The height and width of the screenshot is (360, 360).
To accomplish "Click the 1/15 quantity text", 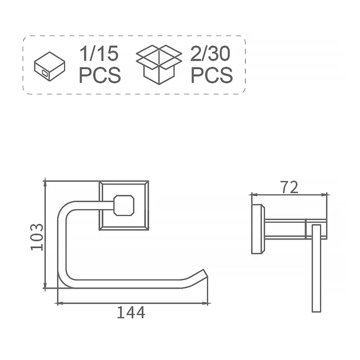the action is pyautogui.click(x=99, y=54).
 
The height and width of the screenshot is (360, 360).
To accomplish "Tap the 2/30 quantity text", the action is pyautogui.click(x=210, y=54).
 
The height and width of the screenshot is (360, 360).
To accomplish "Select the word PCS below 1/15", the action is pyautogui.click(x=99, y=75).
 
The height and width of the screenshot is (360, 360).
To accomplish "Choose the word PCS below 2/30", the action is pyautogui.click(x=211, y=75).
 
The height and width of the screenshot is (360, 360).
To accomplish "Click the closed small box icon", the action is pyautogui.click(x=50, y=66).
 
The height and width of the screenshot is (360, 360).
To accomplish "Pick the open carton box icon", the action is pyautogui.click(x=159, y=65).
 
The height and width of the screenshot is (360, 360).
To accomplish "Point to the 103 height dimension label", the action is pyautogui.click(x=37, y=237).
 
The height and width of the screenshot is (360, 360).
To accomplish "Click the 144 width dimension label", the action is pyautogui.click(x=131, y=313).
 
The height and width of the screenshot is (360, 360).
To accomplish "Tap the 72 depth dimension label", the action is pyautogui.click(x=289, y=187).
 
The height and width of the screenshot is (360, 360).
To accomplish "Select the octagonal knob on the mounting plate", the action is pyautogui.click(x=124, y=205).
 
